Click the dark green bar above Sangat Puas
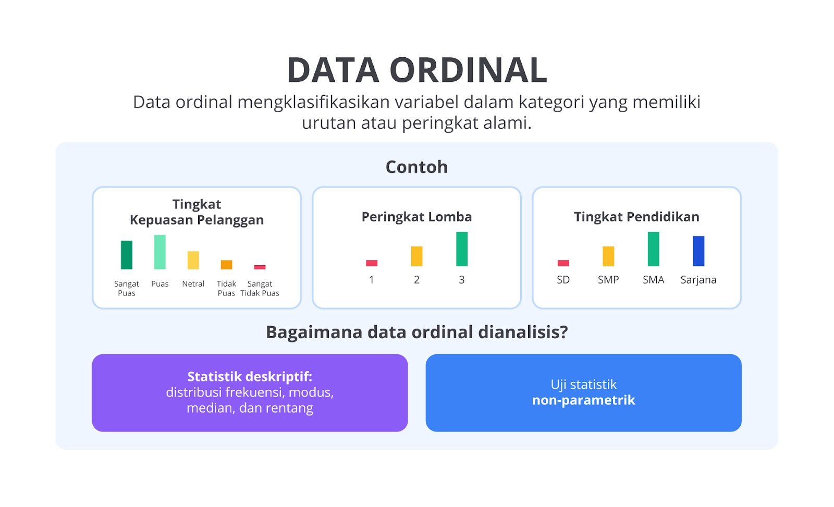pos(127,255)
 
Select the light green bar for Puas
pos(160,252)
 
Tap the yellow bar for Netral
pos(193,260)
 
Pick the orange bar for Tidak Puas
pos(226,265)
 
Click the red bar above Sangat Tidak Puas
pos(260,267)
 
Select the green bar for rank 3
pos(462,249)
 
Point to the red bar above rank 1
pos(372,263)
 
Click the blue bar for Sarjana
pos(698,251)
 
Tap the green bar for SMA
pos(654,249)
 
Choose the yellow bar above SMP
pos(608,256)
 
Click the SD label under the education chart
pos(563,280)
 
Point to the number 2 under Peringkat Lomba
pos(416,280)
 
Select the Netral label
pos(193,283)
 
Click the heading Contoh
pos(416,167)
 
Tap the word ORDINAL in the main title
pos(469,70)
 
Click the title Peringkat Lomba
pos(416,217)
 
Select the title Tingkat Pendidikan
pos(636,217)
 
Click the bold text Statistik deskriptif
pos(250,377)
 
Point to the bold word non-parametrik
pos(583,400)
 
